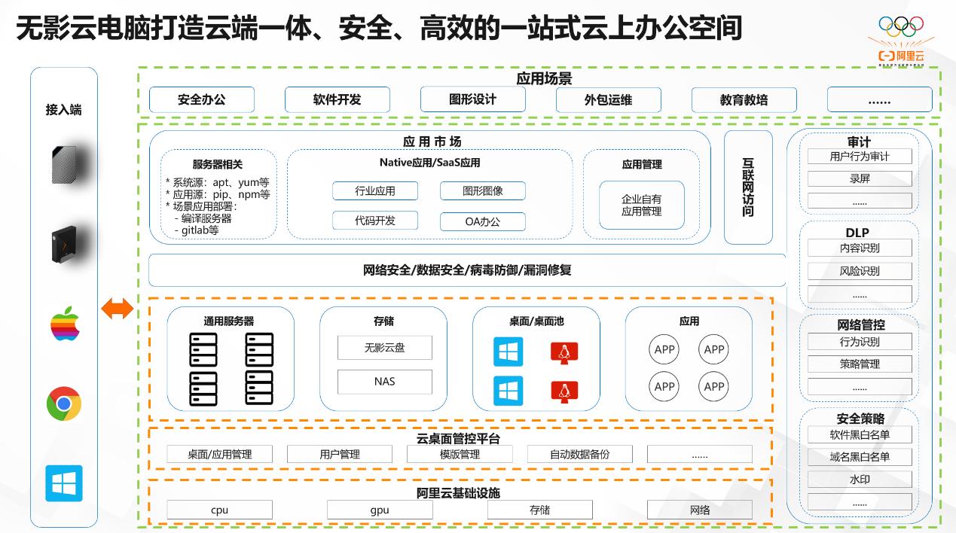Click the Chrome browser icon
click(x=64, y=404)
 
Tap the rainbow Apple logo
click(x=65, y=324)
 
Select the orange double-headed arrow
click(x=118, y=308)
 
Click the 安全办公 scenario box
click(x=201, y=99)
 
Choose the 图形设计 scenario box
click(x=472, y=99)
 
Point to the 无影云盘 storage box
click(x=384, y=348)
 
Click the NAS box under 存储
click(x=384, y=382)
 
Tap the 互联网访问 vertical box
click(x=747, y=187)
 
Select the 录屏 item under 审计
click(x=859, y=179)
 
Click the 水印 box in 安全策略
click(x=859, y=480)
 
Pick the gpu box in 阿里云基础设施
click(x=380, y=510)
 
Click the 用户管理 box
click(x=340, y=455)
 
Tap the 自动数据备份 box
click(x=579, y=455)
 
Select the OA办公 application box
click(x=482, y=221)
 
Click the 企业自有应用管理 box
click(x=641, y=205)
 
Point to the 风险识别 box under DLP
click(x=859, y=271)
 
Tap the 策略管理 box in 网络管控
click(x=859, y=364)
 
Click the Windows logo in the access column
click(x=64, y=483)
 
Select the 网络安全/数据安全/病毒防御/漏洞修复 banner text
click(x=467, y=270)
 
